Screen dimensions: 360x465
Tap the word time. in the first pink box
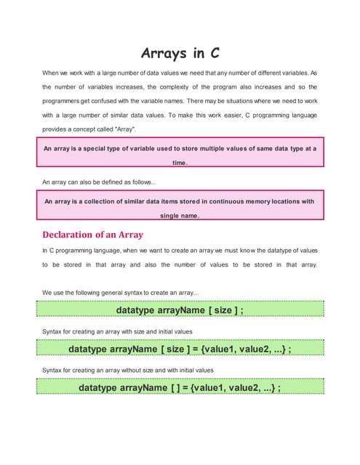pyautogui.click(x=180, y=163)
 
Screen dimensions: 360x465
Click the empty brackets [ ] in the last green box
pyautogui.click(x=176, y=387)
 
